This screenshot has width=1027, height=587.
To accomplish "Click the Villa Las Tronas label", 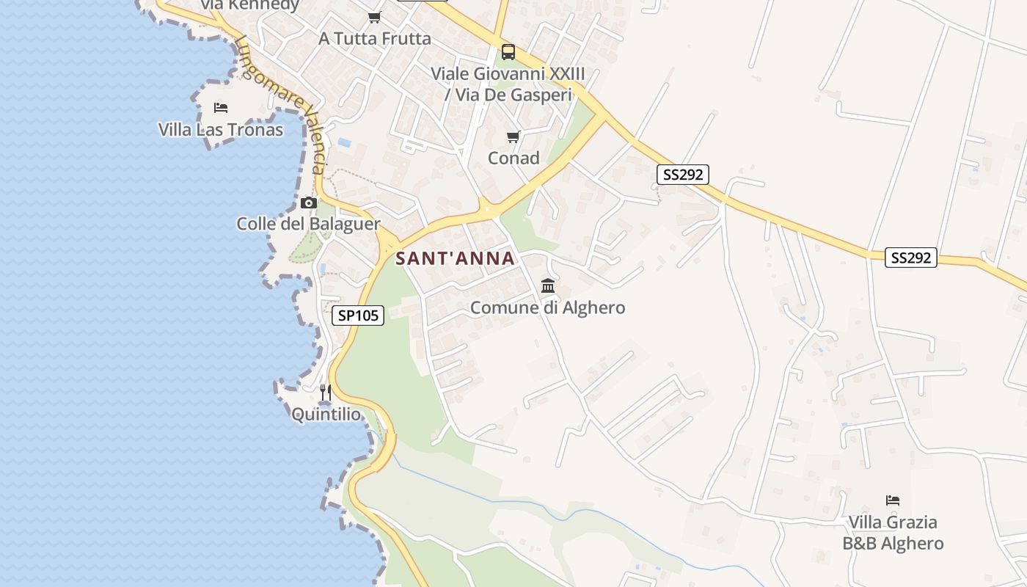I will coord(221,130).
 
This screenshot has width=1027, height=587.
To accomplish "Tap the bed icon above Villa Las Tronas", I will coord(221,108).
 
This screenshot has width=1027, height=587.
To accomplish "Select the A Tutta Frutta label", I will coord(375,38).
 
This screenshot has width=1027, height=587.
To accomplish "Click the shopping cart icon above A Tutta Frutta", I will coord(375,17).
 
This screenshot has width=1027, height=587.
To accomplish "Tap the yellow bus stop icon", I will coord(508,52).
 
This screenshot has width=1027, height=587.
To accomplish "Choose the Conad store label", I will coord(513,158).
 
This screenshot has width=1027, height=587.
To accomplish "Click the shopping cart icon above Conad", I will coord(513,136).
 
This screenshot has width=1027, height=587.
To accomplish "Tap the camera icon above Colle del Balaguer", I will coord(309,203).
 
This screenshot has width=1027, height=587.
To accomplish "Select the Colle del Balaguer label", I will coord(308,224).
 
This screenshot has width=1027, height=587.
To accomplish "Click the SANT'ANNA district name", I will coord(456,258).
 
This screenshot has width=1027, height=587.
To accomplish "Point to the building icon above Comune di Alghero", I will coord(548,285).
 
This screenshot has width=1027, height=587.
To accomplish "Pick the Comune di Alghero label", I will coord(548,307).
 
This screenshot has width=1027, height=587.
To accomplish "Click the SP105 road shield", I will coord(358,316).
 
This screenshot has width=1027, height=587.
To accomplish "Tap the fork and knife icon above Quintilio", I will coord(326,393).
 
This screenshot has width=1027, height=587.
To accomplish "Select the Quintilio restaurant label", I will coord(326,415).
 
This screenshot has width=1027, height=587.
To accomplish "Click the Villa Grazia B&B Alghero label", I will coord(893,533).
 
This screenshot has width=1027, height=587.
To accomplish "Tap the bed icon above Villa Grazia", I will coord(893,500).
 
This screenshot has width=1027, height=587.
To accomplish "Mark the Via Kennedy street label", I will coord(249,5).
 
